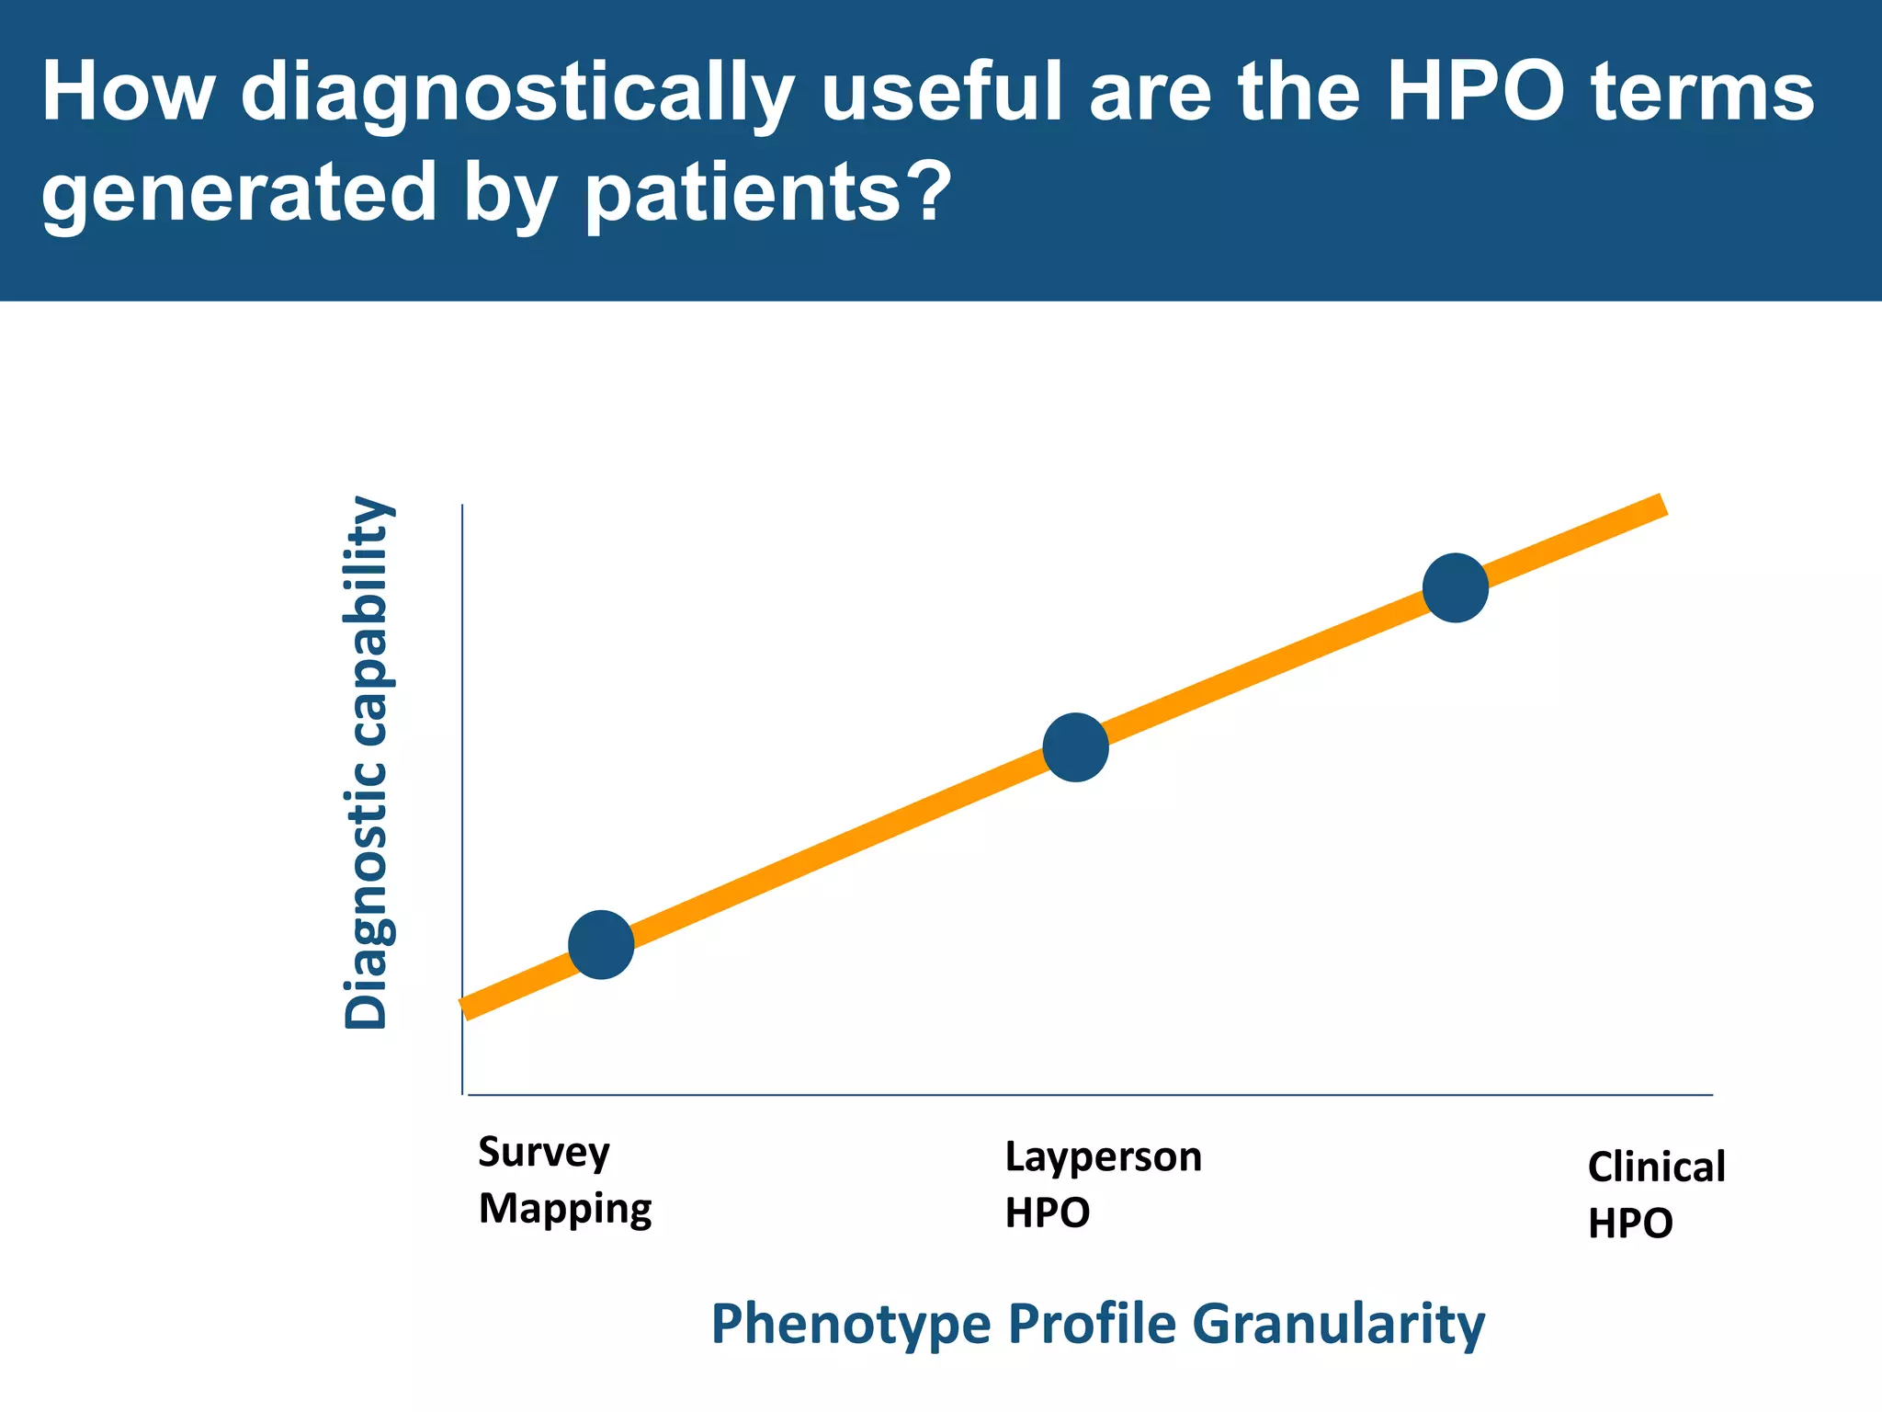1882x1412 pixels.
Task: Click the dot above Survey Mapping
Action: pyautogui.click(x=601, y=944)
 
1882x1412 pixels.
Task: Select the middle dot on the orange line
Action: pyautogui.click(x=1075, y=747)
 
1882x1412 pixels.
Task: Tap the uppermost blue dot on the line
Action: pyautogui.click(x=1455, y=587)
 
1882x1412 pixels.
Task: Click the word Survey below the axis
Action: pyautogui.click(x=543, y=1153)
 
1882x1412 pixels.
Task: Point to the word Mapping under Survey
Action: pyautogui.click(x=565, y=1209)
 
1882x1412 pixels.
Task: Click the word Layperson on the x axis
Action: pyautogui.click(x=1103, y=1156)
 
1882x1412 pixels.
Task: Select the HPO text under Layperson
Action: pyautogui.click(x=1047, y=1213)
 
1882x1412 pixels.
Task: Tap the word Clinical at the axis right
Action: pyautogui.click(x=1656, y=1167)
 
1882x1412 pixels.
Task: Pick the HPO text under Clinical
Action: pyautogui.click(x=1630, y=1224)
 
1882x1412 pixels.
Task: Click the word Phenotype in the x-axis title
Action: pyautogui.click(x=851, y=1325)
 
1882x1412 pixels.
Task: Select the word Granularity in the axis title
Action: pyautogui.click(x=1338, y=1325)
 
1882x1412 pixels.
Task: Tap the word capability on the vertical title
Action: pyautogui.click(x=367, y=625)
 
